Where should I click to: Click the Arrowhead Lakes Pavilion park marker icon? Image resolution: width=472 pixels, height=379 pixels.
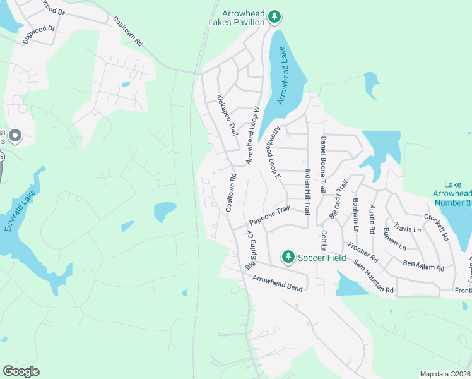[x=273, y=16]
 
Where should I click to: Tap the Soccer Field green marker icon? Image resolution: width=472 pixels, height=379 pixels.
[x=288, y=256]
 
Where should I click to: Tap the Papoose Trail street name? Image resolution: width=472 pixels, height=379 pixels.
[x=269, y=215]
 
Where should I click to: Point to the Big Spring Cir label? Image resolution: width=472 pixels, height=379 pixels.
[x=249, y=250]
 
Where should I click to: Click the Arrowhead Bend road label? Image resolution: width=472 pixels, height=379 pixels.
[x=278, y=283]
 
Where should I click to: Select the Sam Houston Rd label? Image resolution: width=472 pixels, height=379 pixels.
[x=374, y=277]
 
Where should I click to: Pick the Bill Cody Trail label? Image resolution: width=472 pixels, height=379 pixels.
[x=338, y=199]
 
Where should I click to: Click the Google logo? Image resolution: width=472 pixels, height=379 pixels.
[x=21, y=371]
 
